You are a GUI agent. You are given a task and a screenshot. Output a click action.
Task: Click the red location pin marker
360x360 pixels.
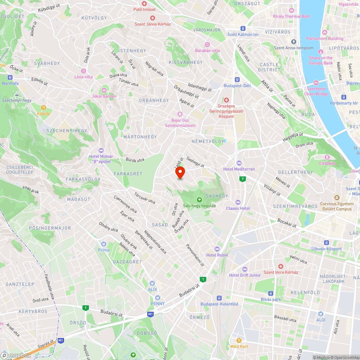[x=180, y=173]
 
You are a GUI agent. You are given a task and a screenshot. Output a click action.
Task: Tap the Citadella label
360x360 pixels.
[x=327, y=163]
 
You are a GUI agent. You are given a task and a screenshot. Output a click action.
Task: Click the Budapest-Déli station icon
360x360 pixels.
[x=237, y=80]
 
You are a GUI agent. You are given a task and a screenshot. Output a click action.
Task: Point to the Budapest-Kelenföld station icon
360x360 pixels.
[x=219, y=298]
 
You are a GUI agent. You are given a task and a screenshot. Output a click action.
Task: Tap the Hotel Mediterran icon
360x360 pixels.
[x=239, y=163]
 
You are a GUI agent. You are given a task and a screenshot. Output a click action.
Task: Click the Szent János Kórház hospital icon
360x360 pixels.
[x=152, y=18]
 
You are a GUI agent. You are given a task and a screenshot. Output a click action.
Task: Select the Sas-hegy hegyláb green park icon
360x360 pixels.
[x=199, y=200]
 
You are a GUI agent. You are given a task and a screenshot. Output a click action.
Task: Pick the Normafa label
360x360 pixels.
[x=10, y=83]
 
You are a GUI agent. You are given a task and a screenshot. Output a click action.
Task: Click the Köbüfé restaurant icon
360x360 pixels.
[x=44, y=107]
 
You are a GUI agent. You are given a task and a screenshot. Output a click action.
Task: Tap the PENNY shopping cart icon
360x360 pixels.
[x=157, y=297]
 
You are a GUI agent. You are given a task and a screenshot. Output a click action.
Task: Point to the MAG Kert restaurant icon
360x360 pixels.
[x=239, y=340]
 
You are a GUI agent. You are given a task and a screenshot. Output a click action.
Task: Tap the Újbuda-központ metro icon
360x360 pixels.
[x=327, y=243]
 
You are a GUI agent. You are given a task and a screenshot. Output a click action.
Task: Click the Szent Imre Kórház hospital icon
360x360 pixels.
[x=280, y=266]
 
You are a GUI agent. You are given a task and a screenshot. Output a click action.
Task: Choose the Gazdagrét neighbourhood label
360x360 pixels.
[x=127, y=262]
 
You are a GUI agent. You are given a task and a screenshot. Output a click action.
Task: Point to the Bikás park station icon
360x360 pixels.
[x=270, y=293]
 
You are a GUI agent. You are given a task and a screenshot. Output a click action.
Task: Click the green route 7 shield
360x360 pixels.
[x=243, y=179]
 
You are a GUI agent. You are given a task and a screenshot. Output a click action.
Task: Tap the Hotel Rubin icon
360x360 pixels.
[x=217, y=249]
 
